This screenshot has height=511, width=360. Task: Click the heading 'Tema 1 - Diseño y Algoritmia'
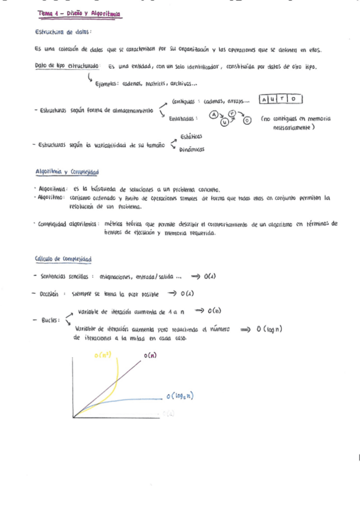pos(79,13)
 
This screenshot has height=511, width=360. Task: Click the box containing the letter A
pos(264,99)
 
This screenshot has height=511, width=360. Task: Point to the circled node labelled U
pos(225,121)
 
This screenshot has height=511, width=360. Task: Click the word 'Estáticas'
pos(191,136)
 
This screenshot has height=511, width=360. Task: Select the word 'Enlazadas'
pos(184,119)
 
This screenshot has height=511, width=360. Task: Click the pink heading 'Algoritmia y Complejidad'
pos(67,172)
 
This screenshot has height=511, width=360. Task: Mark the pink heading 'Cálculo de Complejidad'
pos(63,260)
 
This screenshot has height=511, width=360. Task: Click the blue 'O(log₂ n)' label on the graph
pos(183,396)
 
